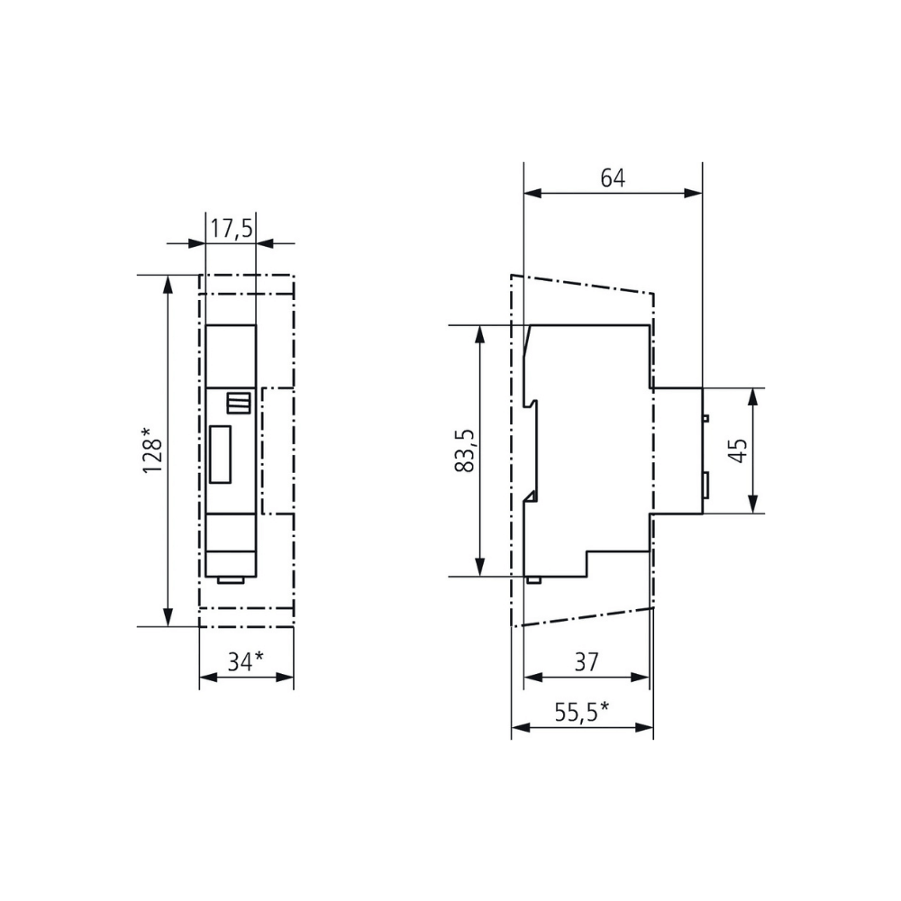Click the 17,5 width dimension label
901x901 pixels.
point(231,229)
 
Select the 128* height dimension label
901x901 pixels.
point(153,450)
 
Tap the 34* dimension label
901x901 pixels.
point(245,661)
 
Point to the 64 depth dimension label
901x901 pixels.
point(613,178)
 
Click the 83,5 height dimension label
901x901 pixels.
point(465,450)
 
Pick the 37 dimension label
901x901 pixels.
point(587,662)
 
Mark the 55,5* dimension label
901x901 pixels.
point(581,712)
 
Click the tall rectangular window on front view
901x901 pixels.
point(220,454)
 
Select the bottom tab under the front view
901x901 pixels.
point(231,579)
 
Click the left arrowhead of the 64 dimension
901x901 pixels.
point(532,193)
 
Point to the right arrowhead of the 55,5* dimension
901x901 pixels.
point(645,727)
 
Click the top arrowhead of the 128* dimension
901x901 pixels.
point(168,284)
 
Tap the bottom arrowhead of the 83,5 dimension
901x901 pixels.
point(480,567)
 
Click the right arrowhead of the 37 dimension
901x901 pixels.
point(641,678)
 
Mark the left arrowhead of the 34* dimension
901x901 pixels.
point(208,678)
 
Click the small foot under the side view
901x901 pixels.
point(533,579)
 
